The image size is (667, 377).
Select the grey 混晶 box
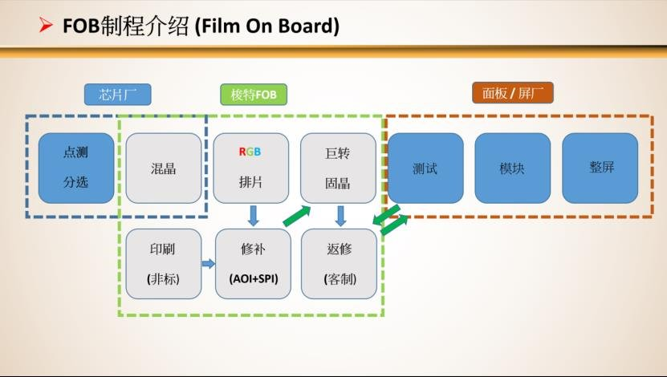164,168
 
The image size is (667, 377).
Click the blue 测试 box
425,168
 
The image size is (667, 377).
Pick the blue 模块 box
512,168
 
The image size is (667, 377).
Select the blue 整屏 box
600,168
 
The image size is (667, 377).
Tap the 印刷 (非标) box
163,263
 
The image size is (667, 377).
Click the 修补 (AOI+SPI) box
253,263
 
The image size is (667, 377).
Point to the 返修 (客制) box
339,263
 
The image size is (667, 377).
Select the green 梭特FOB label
253,94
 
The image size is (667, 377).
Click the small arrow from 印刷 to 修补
209,263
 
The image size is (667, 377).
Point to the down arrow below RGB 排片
254,215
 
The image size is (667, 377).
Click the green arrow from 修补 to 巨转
296,215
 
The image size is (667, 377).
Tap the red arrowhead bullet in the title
46,26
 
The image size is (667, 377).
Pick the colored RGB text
251,152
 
